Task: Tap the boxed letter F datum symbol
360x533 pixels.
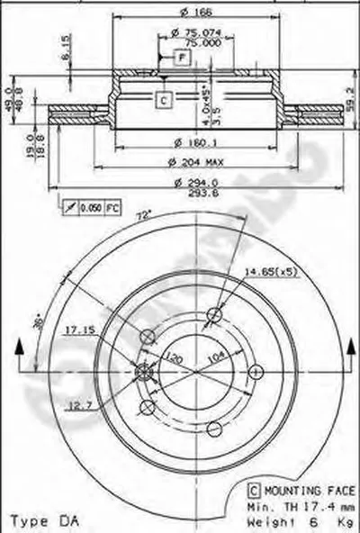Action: point(183,58)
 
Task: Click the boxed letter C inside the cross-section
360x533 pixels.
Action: point(163,100)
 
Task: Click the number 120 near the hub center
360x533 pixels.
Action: point(176,358)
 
